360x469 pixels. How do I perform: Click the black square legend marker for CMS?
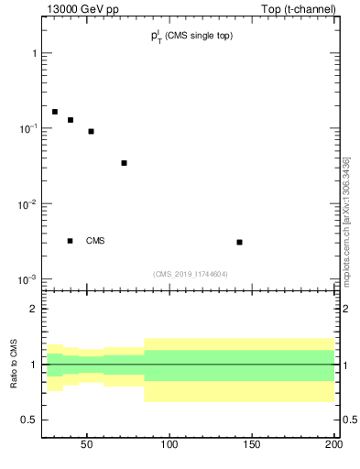click(x=70, y=241)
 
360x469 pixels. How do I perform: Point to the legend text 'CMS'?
click(x=95, y=241)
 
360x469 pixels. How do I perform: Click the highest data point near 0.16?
click(x=55, y=112)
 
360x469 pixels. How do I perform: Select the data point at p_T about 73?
click(x=124, y=163)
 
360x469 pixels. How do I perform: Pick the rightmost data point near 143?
click(x=239, y=242)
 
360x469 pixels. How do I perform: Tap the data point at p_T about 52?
click(x=91, y=131)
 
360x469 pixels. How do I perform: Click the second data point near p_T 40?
click(x=71, y=120)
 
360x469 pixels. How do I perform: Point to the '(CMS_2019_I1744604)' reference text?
click(x=191, y=274)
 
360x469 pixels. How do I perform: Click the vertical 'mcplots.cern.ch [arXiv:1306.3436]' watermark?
click(x=346, y=222)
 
